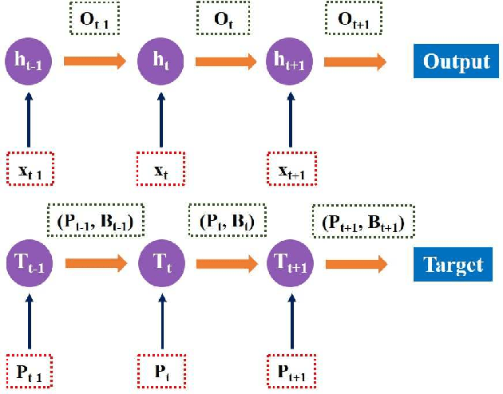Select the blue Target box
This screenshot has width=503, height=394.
[451, 263]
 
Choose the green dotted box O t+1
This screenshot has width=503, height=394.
[354, 18]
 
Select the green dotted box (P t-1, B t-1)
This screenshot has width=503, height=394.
[95, 219]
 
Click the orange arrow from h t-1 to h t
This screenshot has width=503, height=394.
[94, 61]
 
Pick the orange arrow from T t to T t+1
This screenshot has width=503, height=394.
[226, 263]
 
